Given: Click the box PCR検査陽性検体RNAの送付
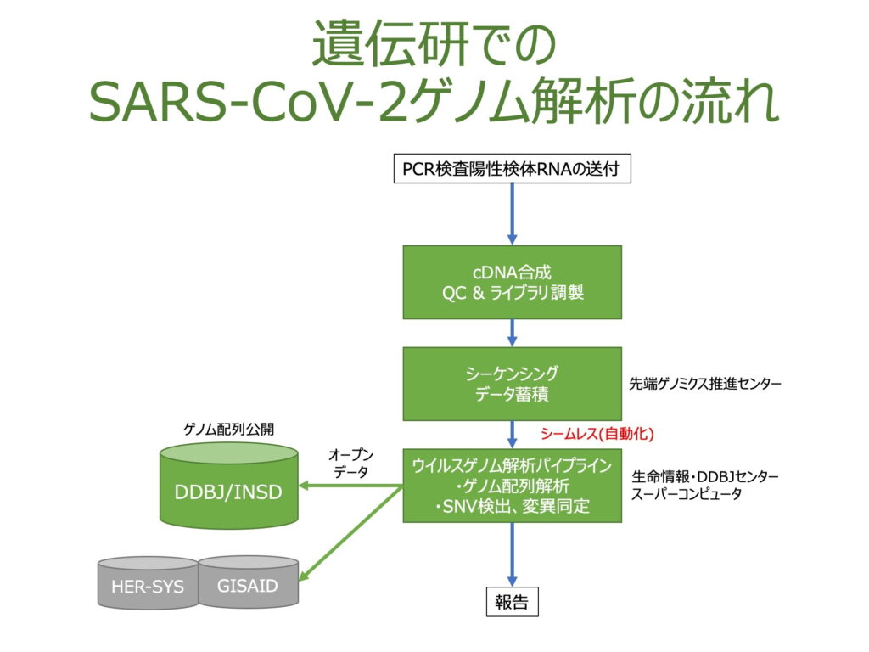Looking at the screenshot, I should tap(513, 169).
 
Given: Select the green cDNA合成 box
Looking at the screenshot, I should tap(513, 283).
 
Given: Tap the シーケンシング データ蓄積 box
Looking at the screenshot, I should tap(513, 384).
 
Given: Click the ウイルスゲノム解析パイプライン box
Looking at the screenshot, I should tap(513, 485).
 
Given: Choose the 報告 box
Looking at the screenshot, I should tap(512, 603).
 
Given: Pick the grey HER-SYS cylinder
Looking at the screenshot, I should tap(148, 585).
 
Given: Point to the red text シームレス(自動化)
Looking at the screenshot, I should tap(597, 434).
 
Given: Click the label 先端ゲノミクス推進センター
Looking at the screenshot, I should tap(704, 384).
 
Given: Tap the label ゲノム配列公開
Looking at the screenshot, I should tap(229, 430).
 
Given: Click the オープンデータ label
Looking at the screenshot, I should tap(350, 464).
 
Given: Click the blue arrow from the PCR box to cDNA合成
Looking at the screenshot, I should tap(513, 212).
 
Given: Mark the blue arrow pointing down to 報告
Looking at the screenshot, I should tap(513, 552).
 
